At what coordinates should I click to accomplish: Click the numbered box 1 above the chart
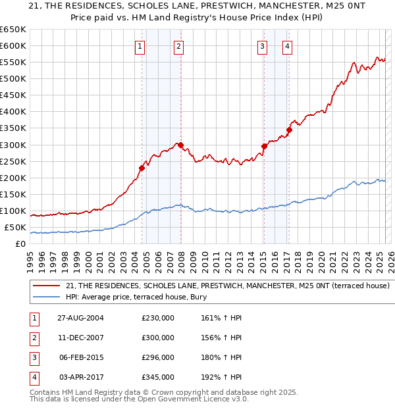[x=141, y=46]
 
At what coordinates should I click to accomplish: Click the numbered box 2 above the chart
[x=179, y=46]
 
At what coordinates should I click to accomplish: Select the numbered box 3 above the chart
[x=262, y=46]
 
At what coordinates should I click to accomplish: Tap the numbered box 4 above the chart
[x=288, y=46]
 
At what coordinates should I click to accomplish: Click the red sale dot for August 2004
[x=142, y=168]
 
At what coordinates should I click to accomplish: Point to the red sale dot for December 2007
[x=180, y=145]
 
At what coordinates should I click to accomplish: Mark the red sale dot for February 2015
[x=264, y=146]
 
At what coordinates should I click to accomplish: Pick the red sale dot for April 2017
[x=289, y=130]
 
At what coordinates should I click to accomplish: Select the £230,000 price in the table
[x=158, y=319]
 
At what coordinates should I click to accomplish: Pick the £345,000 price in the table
[x=158, y=378]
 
